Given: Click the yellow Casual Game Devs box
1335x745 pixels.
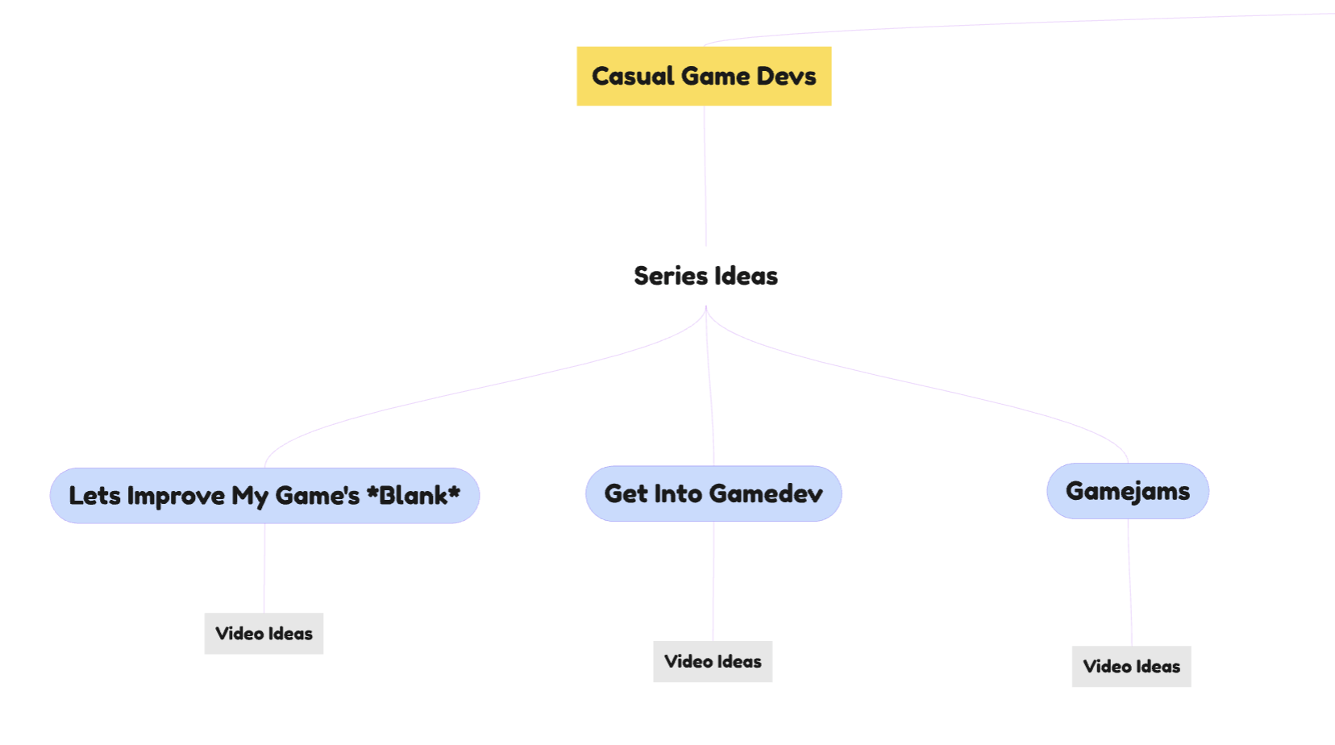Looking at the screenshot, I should coord(704,76).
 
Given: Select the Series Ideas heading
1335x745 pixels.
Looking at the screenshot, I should coord(705,276).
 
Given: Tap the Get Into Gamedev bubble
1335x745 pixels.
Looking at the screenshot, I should coord(713,493).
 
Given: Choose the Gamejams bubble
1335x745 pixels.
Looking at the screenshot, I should coord(1127,491).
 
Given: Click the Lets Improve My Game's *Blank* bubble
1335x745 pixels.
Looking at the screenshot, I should coord(264,496).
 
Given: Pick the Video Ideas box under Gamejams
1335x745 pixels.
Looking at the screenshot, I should coord(1131,667).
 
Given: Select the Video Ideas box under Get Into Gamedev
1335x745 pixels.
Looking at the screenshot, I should coord(713,662).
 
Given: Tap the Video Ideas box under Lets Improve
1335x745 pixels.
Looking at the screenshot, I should coord(264,634).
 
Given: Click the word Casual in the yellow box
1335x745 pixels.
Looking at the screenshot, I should coord(633,76).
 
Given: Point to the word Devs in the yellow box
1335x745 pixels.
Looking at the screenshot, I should coord(786,76).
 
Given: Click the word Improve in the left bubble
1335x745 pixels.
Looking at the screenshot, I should coord(176,496).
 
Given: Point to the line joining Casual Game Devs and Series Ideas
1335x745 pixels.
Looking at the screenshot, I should coord(705,177).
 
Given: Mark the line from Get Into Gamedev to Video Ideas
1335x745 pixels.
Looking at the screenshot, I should coord(713,581).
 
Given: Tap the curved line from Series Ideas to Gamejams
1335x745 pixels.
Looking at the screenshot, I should coord(927,385).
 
